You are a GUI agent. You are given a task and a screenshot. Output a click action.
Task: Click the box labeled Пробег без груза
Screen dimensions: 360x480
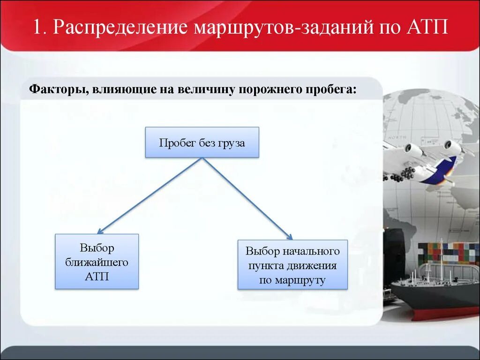coord(202,142)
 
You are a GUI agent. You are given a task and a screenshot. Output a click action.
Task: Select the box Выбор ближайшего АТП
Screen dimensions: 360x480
coord(97,261)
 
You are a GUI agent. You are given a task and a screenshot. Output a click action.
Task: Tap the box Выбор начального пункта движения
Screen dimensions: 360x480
coord(292,264)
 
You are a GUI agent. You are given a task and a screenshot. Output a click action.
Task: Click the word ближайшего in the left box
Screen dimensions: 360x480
coord(97,262)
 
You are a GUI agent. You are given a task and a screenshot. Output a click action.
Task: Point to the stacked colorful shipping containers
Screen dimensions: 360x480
coord(448,254)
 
